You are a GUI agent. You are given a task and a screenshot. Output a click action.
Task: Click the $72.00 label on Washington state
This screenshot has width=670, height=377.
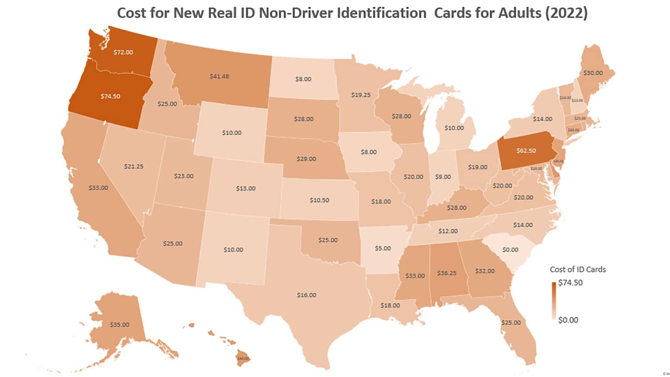pos(123,52)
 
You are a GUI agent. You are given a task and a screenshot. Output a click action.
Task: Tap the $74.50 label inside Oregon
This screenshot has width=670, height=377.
pos(110,96)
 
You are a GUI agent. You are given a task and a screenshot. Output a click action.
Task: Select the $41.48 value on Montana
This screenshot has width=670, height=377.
pos(219,76)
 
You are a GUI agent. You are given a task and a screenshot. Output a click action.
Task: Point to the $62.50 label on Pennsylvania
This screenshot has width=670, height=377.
pos(526,151)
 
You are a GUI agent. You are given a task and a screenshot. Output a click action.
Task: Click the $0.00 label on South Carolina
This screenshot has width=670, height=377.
pos(510,250)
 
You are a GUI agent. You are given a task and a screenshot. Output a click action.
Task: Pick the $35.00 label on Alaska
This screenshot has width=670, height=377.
pos(120,325)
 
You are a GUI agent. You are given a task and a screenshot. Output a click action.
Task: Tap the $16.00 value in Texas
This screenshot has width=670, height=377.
pos(307,295)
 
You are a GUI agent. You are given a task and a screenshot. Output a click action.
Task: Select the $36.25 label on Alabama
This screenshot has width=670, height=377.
pos(447,273)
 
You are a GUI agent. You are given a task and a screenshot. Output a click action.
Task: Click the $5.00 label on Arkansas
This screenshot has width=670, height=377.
pos(383,248)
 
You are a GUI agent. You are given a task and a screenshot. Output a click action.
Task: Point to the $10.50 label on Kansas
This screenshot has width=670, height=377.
pos(319,200)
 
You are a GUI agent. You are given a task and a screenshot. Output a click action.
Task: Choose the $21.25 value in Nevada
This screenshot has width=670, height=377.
pos(133,166)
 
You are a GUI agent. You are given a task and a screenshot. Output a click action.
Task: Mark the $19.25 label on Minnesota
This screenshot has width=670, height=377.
pos(361,95)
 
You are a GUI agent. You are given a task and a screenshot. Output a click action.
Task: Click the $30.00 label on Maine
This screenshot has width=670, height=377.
pos(593,73)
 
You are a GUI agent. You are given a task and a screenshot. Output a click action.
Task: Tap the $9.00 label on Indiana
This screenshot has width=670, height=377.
pos(443,177)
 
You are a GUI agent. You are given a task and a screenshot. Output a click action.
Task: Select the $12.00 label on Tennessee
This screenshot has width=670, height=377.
pos(448,231)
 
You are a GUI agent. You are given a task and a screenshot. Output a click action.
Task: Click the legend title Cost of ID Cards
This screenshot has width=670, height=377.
pos(578,269)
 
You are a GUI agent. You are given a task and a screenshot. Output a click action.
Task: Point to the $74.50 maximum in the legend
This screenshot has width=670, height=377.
pos(570,282)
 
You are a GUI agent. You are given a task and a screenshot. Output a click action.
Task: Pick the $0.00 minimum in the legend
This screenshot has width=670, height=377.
pos(568,320)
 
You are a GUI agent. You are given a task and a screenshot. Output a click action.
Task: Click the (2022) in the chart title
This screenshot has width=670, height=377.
pos(566,13)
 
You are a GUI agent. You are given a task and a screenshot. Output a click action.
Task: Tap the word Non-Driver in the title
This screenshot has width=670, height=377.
pos(296,13)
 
